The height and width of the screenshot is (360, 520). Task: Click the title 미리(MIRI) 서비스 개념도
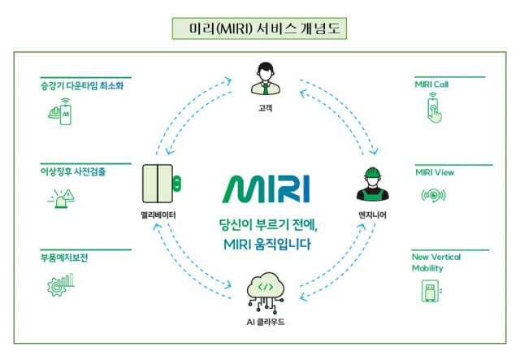(x=265, y=29)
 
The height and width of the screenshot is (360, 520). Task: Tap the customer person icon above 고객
(x=266, y=78)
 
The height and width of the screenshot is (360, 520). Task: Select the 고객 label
(x=266, y=108)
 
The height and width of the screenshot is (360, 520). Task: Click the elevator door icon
(x=162, y=184)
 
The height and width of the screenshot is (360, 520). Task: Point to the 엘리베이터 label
(x=158, y=215)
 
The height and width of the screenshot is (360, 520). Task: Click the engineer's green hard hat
(x=372, y=172)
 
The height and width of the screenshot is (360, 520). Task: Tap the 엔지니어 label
(x=372, y=215)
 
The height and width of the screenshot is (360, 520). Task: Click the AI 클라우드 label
(x=266, y=322)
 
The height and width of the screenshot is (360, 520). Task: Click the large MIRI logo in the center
(x=266, y=189)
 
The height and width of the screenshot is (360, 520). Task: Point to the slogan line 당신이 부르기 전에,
(x=268, y=225)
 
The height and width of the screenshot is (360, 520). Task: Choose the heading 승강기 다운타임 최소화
(x=82, y=85)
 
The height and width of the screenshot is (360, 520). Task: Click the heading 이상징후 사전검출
(x=73, y=171)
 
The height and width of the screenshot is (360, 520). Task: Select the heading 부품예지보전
(x=64, y=258)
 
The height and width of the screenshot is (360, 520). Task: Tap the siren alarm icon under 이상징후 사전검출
(x=62, y=198)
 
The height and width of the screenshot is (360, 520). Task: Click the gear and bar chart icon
(x=61, y=284)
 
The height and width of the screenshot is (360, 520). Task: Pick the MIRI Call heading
(x=431, y=85)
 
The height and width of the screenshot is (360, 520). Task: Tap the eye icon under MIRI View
(x=433, y=195)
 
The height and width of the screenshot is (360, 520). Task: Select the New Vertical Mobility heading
(x=436, y=262)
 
